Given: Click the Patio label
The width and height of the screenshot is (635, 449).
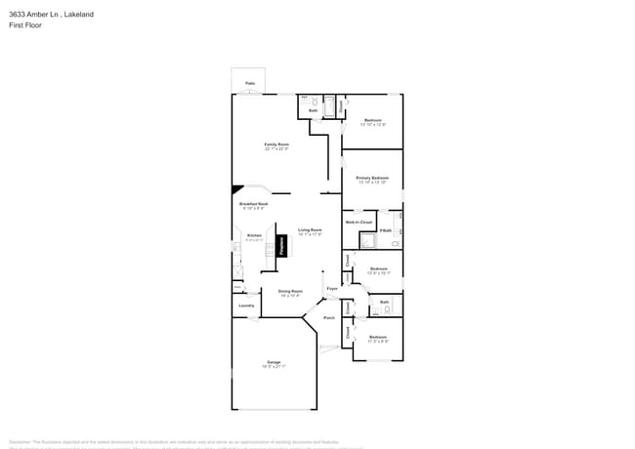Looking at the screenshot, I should coord(250,83).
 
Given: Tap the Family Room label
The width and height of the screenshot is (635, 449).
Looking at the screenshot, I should coord(276,144).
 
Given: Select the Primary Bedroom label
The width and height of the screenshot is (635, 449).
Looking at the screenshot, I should coord(372,178).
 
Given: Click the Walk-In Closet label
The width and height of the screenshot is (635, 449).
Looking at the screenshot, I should coord(359,223).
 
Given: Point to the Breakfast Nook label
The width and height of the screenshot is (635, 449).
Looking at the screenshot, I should coord(253,203).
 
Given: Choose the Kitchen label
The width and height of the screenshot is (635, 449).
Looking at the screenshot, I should coord(254,235).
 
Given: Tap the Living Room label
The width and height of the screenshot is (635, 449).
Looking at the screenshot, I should coord(310,230).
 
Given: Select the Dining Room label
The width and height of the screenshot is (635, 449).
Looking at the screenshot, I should coord(290,291).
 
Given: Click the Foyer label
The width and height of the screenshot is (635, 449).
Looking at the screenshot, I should coord(332,288).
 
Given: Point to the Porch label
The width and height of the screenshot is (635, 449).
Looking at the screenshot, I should coord(329,317).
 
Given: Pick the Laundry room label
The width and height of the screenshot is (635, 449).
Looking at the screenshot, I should coord(246,306).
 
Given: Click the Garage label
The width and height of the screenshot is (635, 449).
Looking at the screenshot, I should coord(274,362).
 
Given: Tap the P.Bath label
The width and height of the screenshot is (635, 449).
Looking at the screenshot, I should coord(386,230).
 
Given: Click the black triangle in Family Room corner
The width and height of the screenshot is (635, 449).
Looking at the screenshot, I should coord(235,190).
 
